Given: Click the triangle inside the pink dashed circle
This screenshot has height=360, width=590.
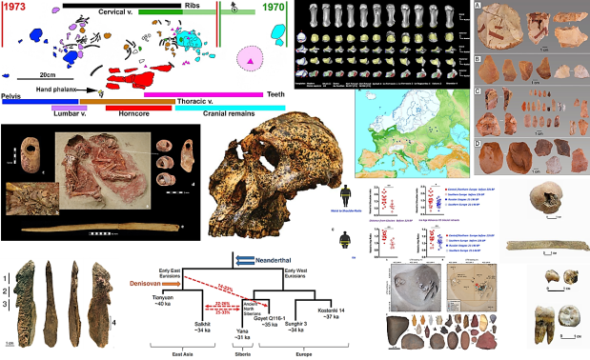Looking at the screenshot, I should (x=251, y=61).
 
